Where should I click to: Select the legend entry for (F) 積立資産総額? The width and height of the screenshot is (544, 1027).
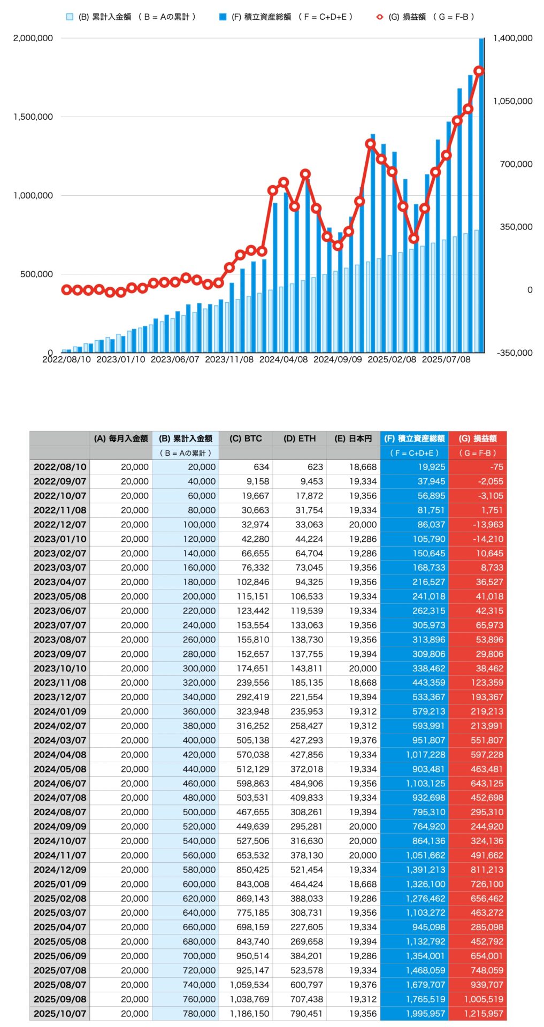[286, 17]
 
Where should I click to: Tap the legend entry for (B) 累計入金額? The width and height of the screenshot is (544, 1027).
[131, 17]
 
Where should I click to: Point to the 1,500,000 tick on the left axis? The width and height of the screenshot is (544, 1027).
[33, 117]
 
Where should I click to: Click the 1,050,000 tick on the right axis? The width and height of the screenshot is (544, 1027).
[512, 101]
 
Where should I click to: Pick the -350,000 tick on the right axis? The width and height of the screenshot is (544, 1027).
[514, 352]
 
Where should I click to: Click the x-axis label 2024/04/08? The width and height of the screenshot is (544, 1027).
[284, 359]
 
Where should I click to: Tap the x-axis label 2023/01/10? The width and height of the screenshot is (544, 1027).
[120, 359]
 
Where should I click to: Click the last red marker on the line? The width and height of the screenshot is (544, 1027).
[479, 71]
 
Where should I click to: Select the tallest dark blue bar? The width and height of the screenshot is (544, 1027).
[481, 195]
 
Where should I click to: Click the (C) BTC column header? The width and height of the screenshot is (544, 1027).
[246, 439]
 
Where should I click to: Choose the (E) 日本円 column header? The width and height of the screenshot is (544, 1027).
[353, 439]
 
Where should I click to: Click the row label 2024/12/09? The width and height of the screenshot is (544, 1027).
[60, 870]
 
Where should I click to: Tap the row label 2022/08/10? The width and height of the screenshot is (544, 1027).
[60, 467]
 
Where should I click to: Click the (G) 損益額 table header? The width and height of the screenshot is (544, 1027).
[478, 439]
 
